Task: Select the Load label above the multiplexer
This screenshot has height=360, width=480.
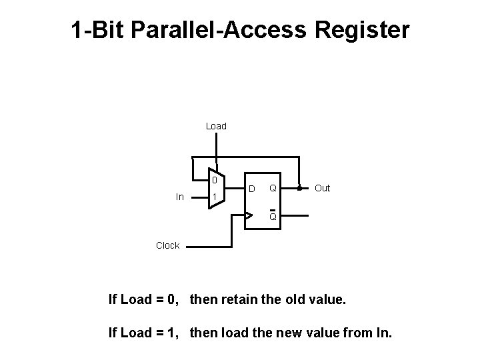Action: [x=216, y=126]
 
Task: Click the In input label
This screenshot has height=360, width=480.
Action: [x=180, y=197]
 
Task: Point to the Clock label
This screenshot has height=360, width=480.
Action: [x=167, y=245]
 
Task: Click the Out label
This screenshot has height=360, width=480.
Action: [x=322, y=188]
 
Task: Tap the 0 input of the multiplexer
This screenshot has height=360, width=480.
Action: [x=214, y=180]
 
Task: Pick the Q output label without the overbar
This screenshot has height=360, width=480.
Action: [x=273, y=189]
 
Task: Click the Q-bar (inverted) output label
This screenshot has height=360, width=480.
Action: [x=273, y=216]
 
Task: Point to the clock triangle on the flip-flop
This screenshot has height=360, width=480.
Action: [x=249, y=215]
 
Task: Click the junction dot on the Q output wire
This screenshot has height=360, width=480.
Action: [x=299, y=188]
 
